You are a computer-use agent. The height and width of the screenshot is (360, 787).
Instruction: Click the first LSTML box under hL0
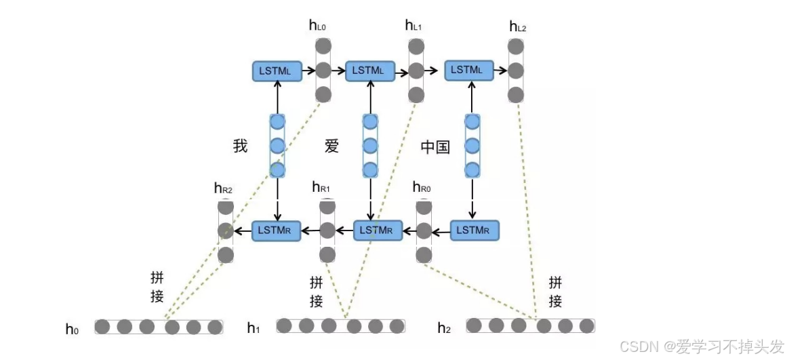276,71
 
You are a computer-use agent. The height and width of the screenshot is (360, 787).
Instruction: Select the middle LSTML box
369,71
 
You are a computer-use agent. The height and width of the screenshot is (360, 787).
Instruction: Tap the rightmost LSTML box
468,70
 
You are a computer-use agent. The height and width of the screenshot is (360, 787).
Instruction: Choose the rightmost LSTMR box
475,231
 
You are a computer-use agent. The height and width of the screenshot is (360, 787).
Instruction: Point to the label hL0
318,26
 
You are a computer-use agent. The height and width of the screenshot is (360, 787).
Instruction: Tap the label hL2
517,26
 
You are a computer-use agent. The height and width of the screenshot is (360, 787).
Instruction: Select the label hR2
223,188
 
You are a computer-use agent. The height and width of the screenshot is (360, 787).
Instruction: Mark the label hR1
321,186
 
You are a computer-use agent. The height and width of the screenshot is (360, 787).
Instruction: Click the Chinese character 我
240,146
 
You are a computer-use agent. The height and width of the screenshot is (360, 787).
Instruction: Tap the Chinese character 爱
331,146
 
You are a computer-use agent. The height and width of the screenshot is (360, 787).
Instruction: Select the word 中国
435,146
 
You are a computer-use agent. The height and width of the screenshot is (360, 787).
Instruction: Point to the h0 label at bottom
72,329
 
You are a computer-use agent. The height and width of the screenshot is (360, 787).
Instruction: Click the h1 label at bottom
254,329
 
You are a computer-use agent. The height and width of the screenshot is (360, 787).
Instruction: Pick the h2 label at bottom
444,329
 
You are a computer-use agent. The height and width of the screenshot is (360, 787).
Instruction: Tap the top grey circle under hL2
517,47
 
